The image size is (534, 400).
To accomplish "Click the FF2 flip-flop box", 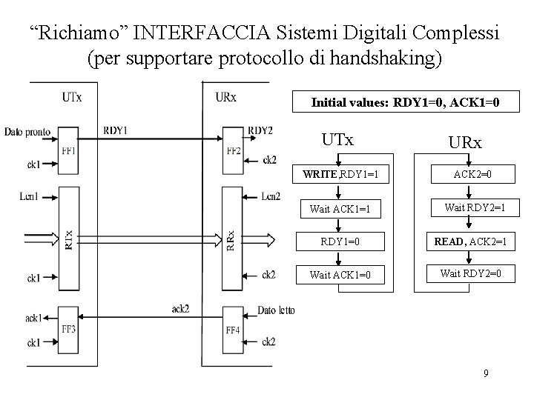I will (x=232, y=150).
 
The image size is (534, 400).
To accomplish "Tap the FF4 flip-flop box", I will (x=232, y=329).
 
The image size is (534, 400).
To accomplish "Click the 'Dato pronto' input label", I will (x=27, y=132).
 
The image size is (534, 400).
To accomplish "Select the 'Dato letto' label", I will (x=276, y=310).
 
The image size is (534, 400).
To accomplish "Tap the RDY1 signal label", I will (x=116, y=130).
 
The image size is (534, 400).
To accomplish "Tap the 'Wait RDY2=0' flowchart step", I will (x=469, y=273).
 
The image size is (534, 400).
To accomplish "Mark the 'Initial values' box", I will (x=405, y=103).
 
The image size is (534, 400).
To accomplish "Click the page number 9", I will (x=485, y=373).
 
